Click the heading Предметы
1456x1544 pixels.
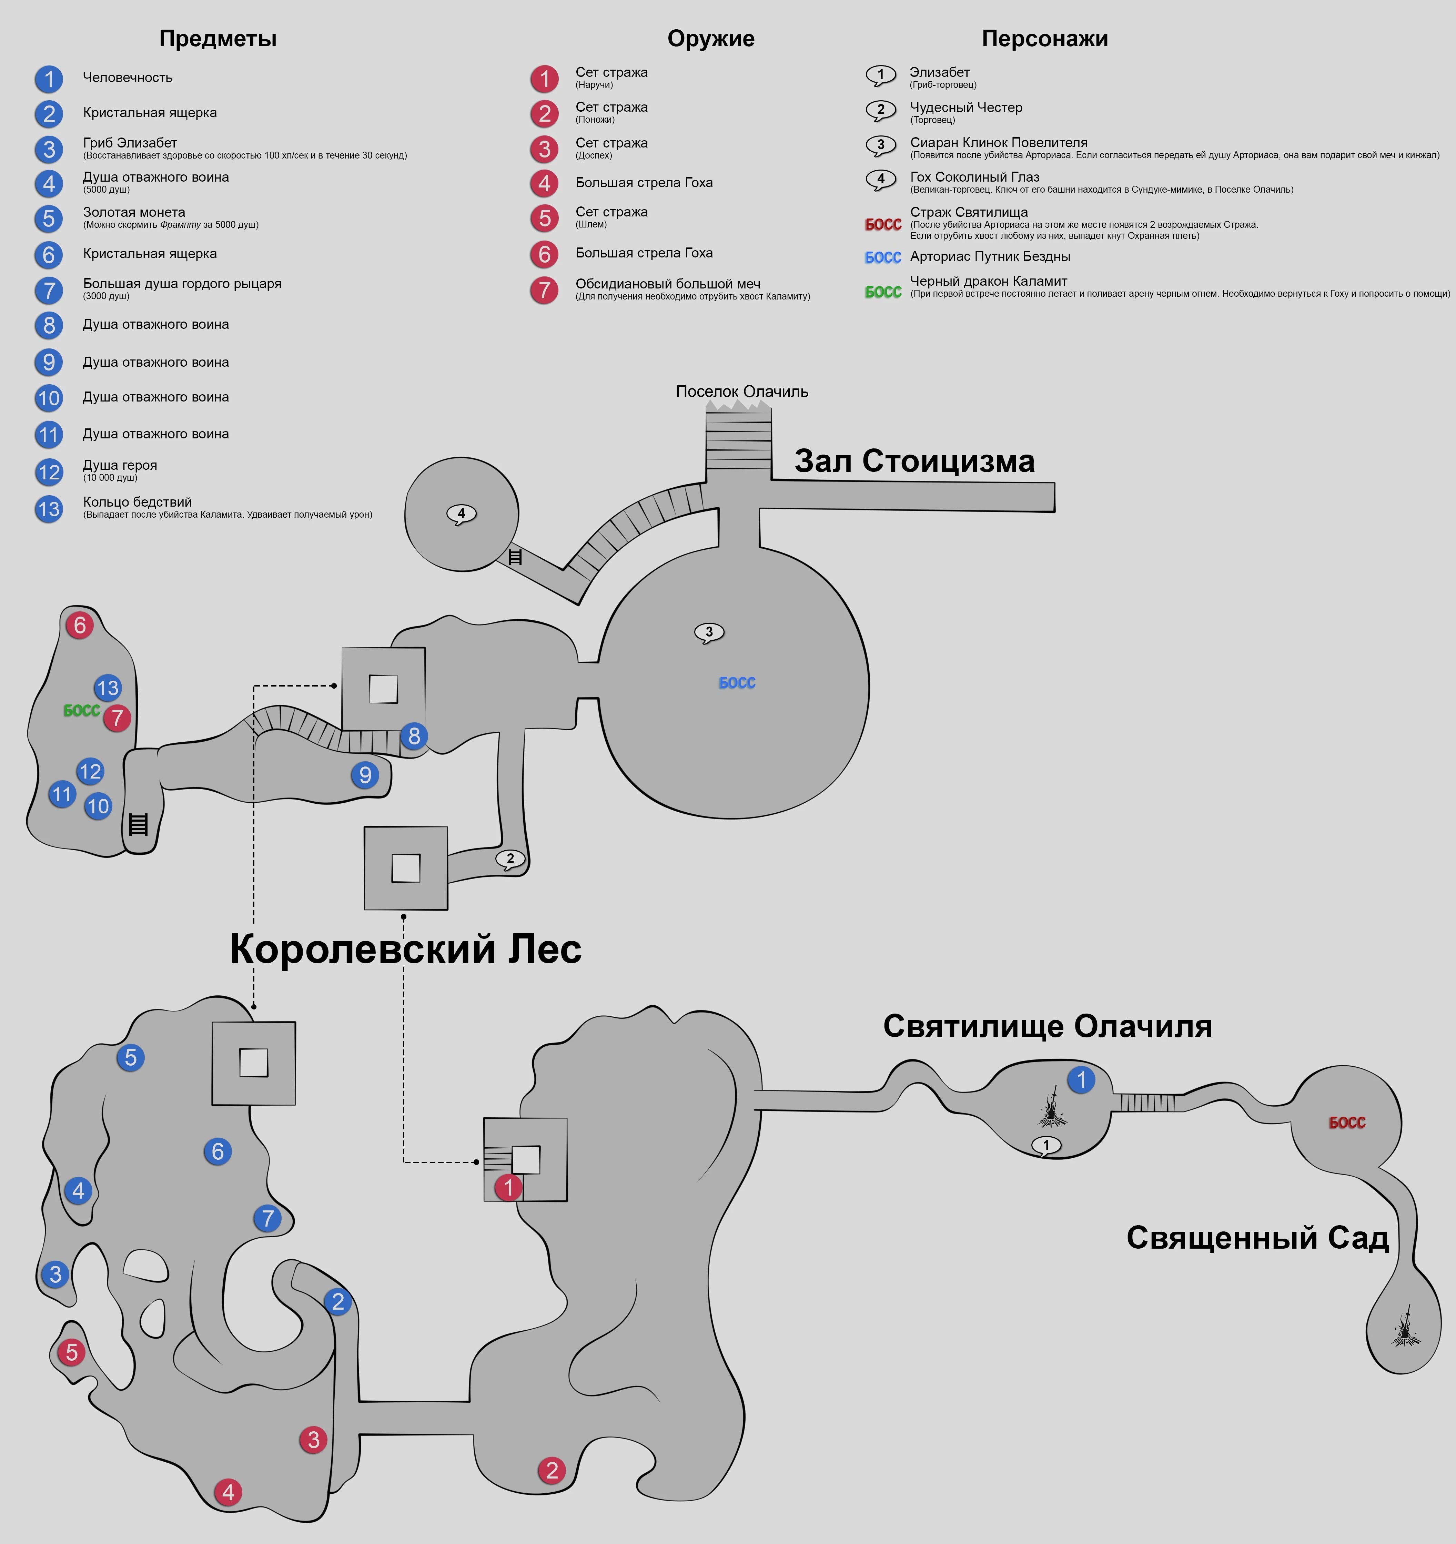coord(218,39)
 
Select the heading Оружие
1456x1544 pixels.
coord(710,39)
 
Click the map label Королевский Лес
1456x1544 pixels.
coord(406,949)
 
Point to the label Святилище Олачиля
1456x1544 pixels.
coord(1047,1026)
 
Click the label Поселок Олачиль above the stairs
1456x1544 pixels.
coord(742,392)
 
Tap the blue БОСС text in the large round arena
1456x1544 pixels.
coord(737,683)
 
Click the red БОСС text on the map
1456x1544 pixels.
coord(1346,1122)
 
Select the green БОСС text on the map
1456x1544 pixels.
coord(82,711)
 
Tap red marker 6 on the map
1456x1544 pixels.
coord(79,624)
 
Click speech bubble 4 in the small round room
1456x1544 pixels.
coord(462,514)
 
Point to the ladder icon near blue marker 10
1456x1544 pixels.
coord(138,824)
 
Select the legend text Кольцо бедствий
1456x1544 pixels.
coord(138,502)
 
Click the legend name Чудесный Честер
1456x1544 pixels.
coord(966,107)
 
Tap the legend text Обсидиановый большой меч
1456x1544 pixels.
coord(667,284)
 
